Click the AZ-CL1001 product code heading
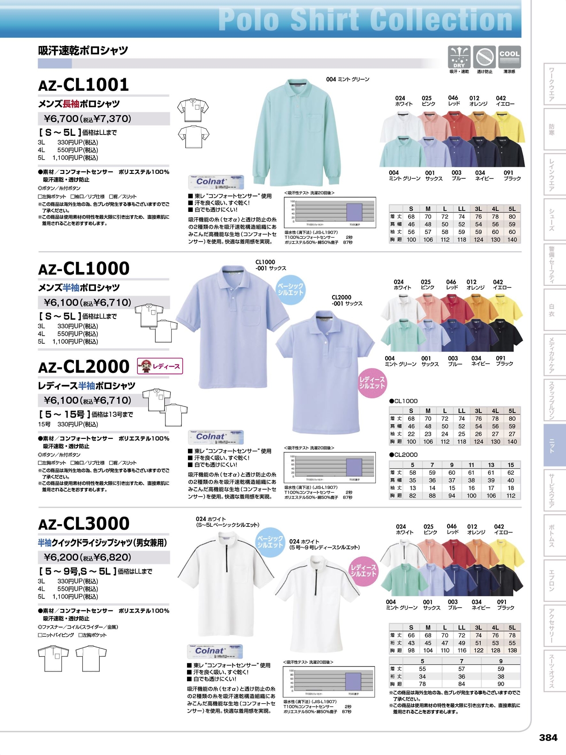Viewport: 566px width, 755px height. click(x=84, y=85)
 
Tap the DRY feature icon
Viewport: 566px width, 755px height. click(x=459, y=57)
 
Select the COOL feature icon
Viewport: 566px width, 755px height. click(x=509, y=57)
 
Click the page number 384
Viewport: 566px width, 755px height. click(x=548, y=737)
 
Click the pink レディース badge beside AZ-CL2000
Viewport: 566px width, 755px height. click(x=160, y=366)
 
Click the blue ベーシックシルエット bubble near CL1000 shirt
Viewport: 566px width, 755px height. click(x=291, y=290)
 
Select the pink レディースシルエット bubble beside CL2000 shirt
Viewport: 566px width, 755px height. click(x=372, y=383)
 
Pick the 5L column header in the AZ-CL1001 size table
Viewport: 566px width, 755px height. click(x=512, y=209)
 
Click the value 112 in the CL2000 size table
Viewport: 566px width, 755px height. click(x=511, y=496)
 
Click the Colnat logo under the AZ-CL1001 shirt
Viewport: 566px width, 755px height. click(x=216, y=182)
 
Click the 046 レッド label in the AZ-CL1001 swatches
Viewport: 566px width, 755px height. click(x=453, y=100)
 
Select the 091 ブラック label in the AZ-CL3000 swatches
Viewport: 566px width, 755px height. click(x=505, y=605)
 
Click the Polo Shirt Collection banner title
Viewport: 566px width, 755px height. click(x=365, y=19)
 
